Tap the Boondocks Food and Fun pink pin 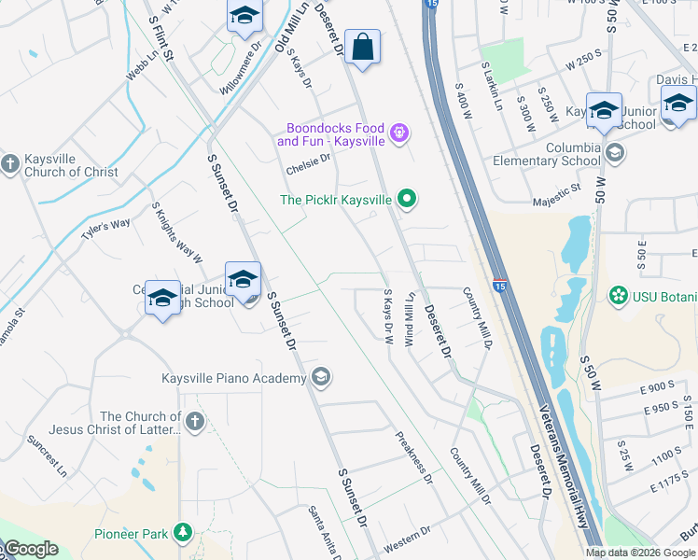tap(399, 133)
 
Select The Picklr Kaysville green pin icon tap(406, 198)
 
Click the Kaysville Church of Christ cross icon tap(10, 164)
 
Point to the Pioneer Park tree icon tap(183, 533)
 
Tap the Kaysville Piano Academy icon tap(321, 377)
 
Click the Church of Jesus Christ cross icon tap(194, 422)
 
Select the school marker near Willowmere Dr tap(244, 18)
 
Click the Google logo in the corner tap(30, 549)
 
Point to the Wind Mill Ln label tap(409, 319)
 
